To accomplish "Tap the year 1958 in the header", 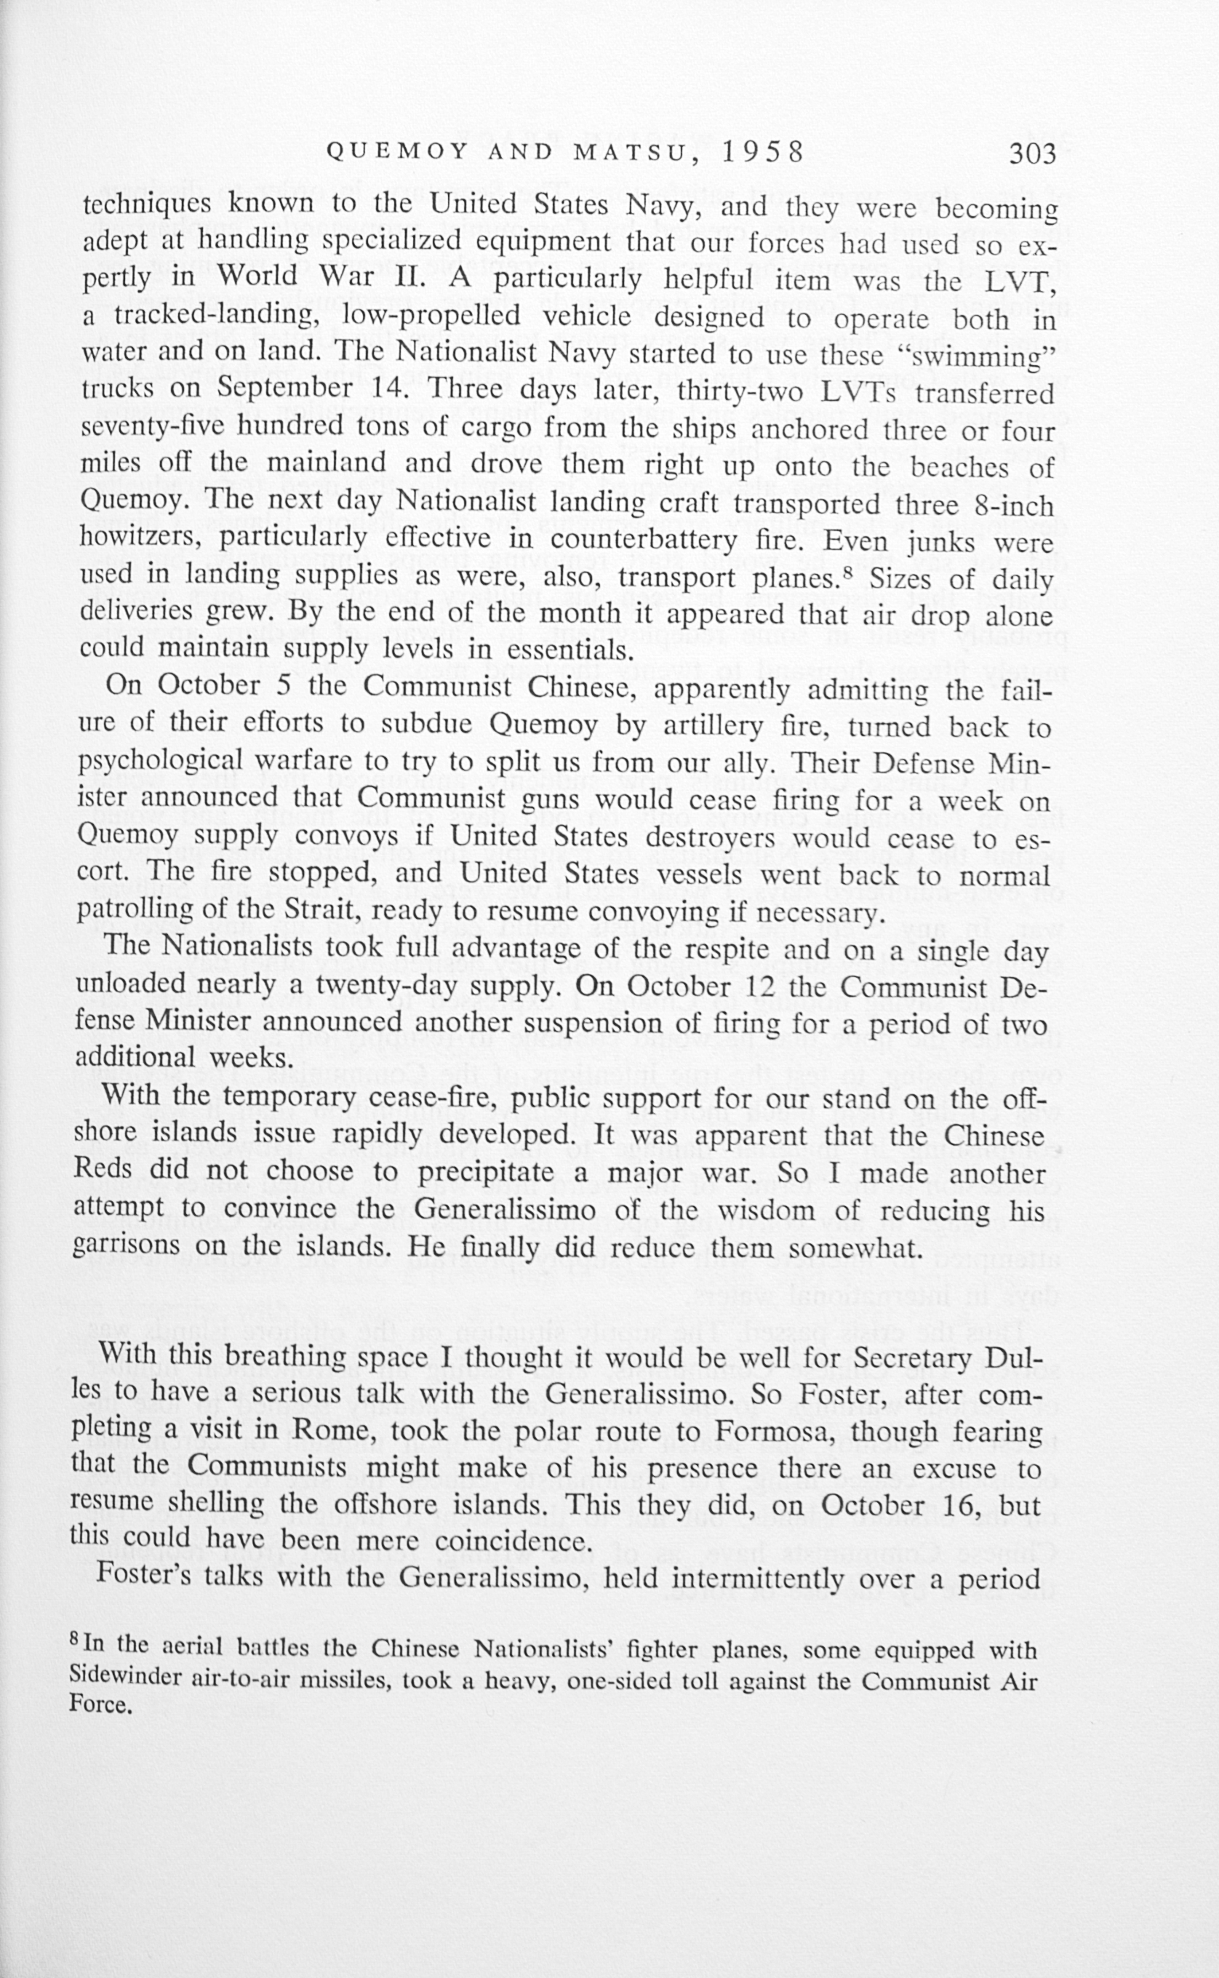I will pos(762,152).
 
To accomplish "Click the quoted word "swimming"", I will pos(983,356).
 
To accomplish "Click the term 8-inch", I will pos(1010,507).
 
